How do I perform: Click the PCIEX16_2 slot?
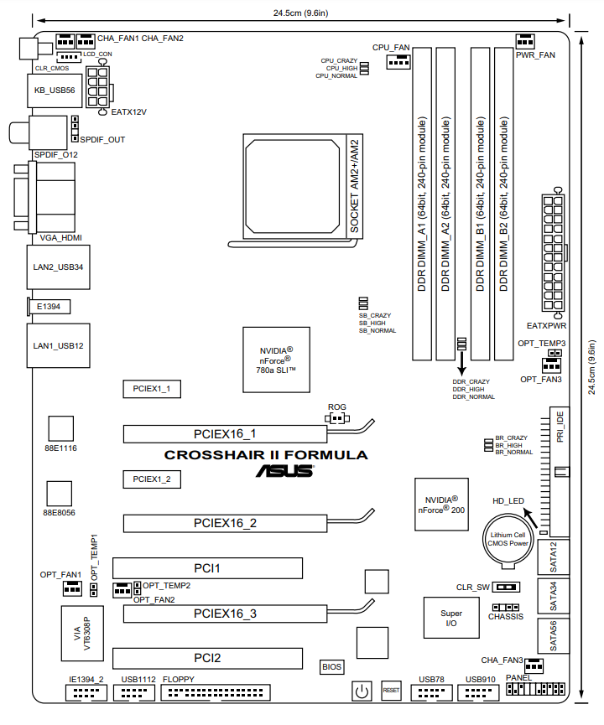(225, 523)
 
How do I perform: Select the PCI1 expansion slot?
(207, 568)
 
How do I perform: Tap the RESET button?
(391, 690)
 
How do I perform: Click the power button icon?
(362, 691)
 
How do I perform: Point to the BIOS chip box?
(332, 666)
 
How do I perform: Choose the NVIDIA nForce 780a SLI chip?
(276, 360)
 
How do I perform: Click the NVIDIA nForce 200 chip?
(441, 505)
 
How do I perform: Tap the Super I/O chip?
(451, 618)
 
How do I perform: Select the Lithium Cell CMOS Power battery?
(508, 540)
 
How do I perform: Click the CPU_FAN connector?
(398, 61)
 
